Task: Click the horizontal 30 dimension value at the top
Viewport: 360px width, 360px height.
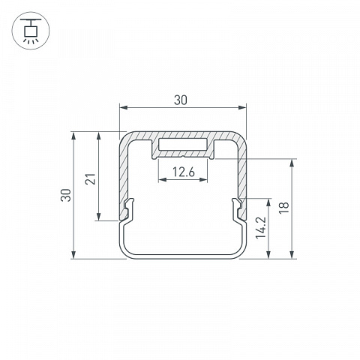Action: click(x=181, y=100)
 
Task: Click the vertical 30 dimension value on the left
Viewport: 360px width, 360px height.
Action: click(x=67, y=195)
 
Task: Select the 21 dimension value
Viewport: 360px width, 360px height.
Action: click(x=91, y=179)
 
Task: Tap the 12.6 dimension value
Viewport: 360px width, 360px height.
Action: click(x=183, y=172)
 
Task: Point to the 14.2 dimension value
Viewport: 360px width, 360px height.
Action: click(x=260, y=228)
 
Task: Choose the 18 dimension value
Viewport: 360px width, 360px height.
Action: click(x=284, y=208)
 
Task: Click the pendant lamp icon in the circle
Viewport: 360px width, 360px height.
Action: click(x=31, y=31)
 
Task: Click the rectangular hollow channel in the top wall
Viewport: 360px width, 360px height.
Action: click(x=183, y=145)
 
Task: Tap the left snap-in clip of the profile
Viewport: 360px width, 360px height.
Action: click(x=129, y=208)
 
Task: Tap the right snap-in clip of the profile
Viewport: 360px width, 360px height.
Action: click(x=237, y=208)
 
